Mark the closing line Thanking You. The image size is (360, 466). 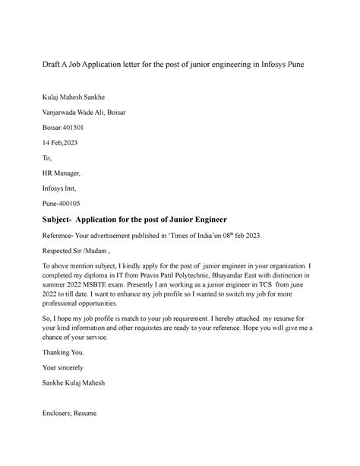click(x=46, y=351)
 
